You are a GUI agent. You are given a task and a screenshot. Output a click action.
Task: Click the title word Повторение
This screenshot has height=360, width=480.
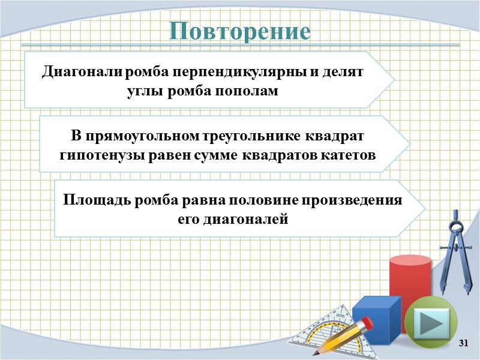pos(240,31)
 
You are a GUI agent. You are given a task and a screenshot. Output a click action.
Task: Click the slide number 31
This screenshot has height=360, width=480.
pos(463,343)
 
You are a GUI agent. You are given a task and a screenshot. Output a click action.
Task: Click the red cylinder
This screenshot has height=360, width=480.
pos(410,288)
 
